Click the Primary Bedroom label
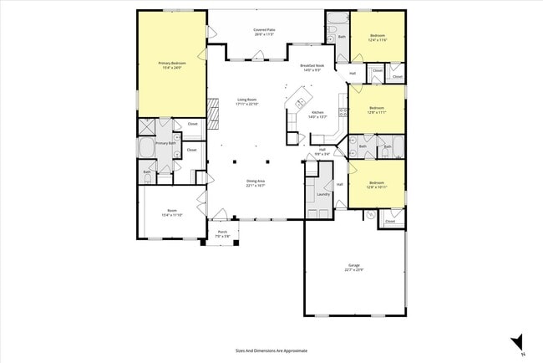pyautogui.click(x=172, y=64)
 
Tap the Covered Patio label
pyautogui.click(x=265, y=32)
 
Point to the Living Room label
pyautogui.click(x=248, y=101)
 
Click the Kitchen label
pyautogui.click(x=317, y=115)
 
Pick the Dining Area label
pyautogui.click(x=255, y=183)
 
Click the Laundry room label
pyautogui.click(x=323, y=195)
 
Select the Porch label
pyautogui.click(x=222, y=233)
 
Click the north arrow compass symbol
pyautogui.click(x=517, y=342)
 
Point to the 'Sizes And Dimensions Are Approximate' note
pyautogui.click(x=271, y=350)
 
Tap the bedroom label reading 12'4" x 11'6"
pyautogui.click(x=377, y=38)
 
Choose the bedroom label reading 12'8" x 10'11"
pyautogui.click(x=377, y=184)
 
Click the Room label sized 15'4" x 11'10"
pyautogui.click(x=172, y=213)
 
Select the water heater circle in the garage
pyautogui.click(x=369, y=215)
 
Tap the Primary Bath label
pyautogui.click(x=166, y=143)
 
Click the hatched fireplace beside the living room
pyautogui.click(x=213, y=109)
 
